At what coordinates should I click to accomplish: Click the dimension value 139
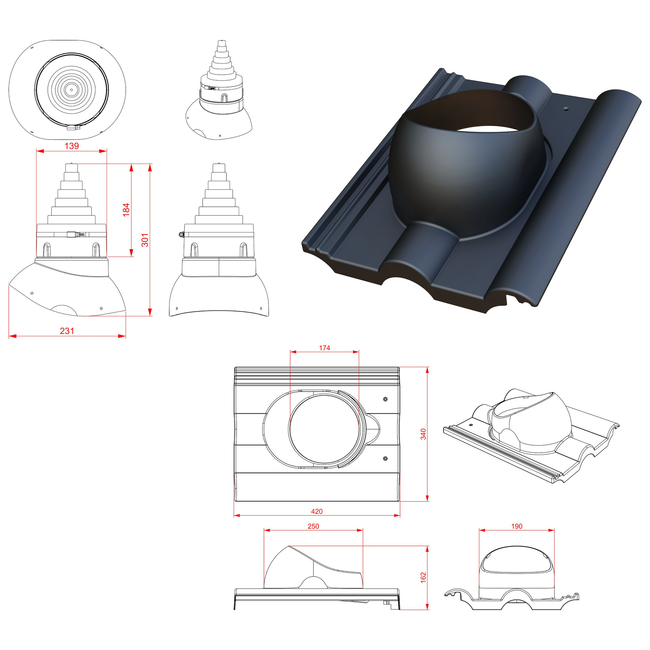coord(71,146)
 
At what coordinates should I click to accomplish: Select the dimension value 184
coord(126,210)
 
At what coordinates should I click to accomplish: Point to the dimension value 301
coord(145,240)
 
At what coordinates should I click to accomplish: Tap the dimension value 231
coord(67,331)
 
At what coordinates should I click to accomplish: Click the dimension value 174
coord(324,348)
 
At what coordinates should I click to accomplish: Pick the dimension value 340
coord(423,434)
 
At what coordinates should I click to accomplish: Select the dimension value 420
coord(317,511)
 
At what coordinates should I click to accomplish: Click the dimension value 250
coord(313,526)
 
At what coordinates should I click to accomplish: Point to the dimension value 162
coord(423,577)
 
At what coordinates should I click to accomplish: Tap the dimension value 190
coord(517,526)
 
